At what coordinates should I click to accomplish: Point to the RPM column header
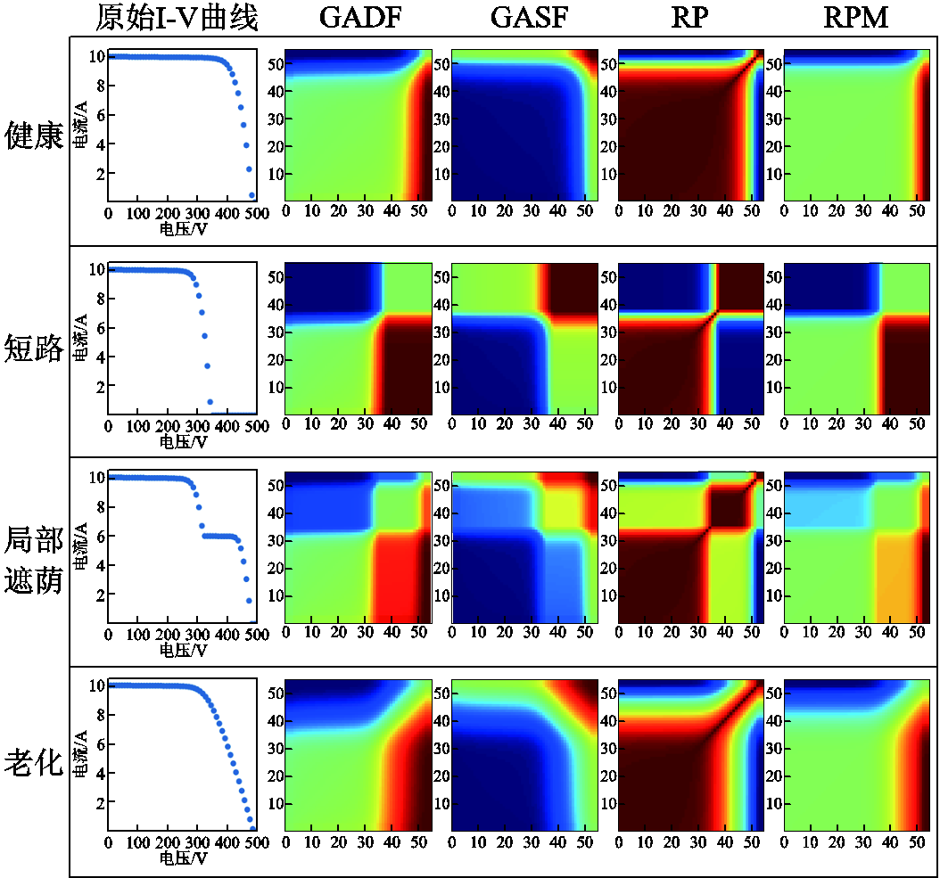[x=857, y=18]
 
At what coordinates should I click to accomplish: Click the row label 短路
[x=34, y=348]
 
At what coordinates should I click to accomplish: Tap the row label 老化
[x=34, y=763]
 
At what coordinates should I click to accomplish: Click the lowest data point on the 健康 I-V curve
[x=252, y=194]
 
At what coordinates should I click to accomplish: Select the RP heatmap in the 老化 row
[x=692, y=756]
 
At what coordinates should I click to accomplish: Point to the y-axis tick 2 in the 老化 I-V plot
[x=99, y=802]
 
